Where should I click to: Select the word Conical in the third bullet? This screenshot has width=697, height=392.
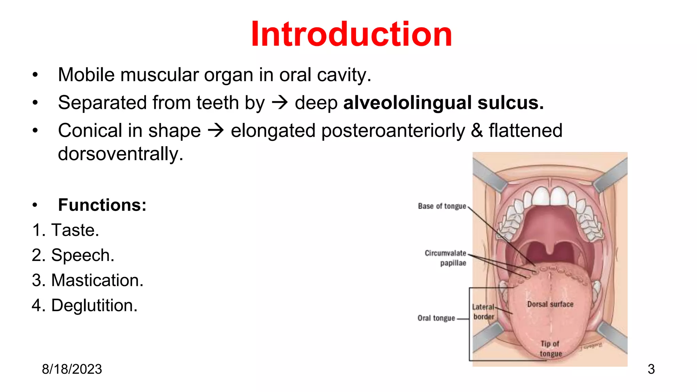(x=89, y=131)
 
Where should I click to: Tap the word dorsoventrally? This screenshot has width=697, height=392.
(x=120, y=154)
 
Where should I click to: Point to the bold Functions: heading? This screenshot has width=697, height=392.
(x=102, y=205)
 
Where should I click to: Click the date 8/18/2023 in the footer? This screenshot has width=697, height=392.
(x=72, y=369)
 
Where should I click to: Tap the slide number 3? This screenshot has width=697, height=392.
(x=651, y=369)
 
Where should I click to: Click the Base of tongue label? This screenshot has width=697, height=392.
(x=442, y=206)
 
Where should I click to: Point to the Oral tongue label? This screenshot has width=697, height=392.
(x=436, y=318)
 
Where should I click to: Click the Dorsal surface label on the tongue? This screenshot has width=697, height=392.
(x=550, y=304)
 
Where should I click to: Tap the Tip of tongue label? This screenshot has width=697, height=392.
(x=550, y=349)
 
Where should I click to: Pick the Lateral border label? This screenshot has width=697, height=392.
(x=483, y=312)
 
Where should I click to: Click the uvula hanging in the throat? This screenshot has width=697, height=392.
(x=550, y=250)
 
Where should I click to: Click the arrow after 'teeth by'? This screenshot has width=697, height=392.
(x=280, y=103)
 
